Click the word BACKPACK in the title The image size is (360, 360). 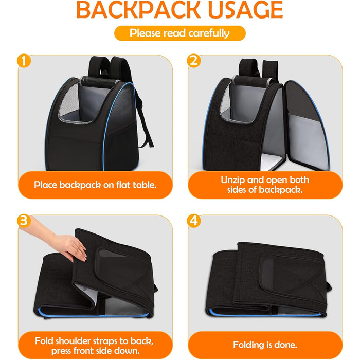(x=138, y=10)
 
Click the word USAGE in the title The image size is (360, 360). (x=245, y=10)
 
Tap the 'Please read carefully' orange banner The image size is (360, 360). (x=180, y=33)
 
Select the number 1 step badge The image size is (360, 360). (x=24, y=61)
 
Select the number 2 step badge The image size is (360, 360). (x=194, y=61)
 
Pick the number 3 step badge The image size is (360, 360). (x=24, y=221)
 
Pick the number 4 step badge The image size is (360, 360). (x=194, y=221)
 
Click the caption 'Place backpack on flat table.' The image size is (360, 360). (x=95, y=185)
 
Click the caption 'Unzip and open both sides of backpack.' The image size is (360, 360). (x=265, y=185)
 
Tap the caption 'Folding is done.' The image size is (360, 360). (x=265, y=345)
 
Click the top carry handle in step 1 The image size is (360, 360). (x=99, y=82)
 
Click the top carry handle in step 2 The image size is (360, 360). (x=253, y=81)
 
